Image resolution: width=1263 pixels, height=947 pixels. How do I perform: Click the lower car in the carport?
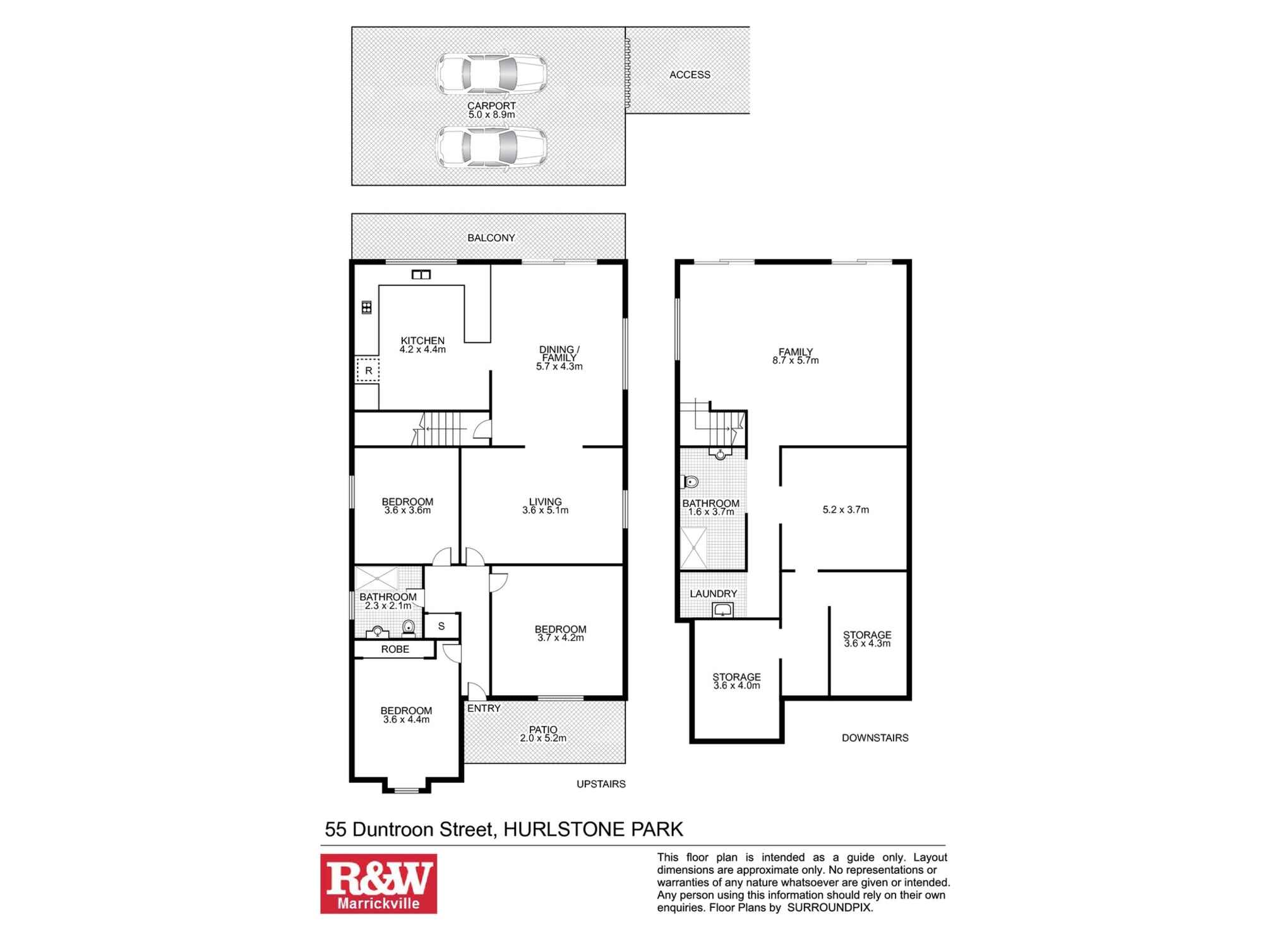(491, 148)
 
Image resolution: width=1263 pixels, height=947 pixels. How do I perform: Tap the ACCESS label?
(690, 74)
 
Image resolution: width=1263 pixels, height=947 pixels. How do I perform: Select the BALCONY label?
(491, 238)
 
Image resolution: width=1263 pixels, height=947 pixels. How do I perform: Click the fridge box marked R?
(368, 371)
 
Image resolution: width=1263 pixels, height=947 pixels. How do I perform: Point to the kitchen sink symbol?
(421, 275)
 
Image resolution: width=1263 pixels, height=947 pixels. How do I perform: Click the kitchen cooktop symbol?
(366, 307)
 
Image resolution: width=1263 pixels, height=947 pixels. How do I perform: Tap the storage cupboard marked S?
(441, 626)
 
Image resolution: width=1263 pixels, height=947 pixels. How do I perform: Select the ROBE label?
(395, 649)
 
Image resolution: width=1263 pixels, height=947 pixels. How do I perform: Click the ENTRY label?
(484, 708)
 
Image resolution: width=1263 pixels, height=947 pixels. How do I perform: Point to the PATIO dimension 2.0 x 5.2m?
(543, 738)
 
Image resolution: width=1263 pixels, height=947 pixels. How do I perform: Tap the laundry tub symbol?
(722, 609)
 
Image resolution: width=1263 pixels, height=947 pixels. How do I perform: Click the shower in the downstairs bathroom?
(693, 548)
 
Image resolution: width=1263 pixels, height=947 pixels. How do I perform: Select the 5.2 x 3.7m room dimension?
(846, 509)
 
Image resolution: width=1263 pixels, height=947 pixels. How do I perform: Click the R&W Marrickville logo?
(378, 883)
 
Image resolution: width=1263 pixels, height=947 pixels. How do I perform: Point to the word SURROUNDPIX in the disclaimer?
(829, 908)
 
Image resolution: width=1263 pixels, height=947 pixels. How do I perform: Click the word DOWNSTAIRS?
(875, 737)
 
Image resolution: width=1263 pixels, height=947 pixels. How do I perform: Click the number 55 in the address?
(336, 829)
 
